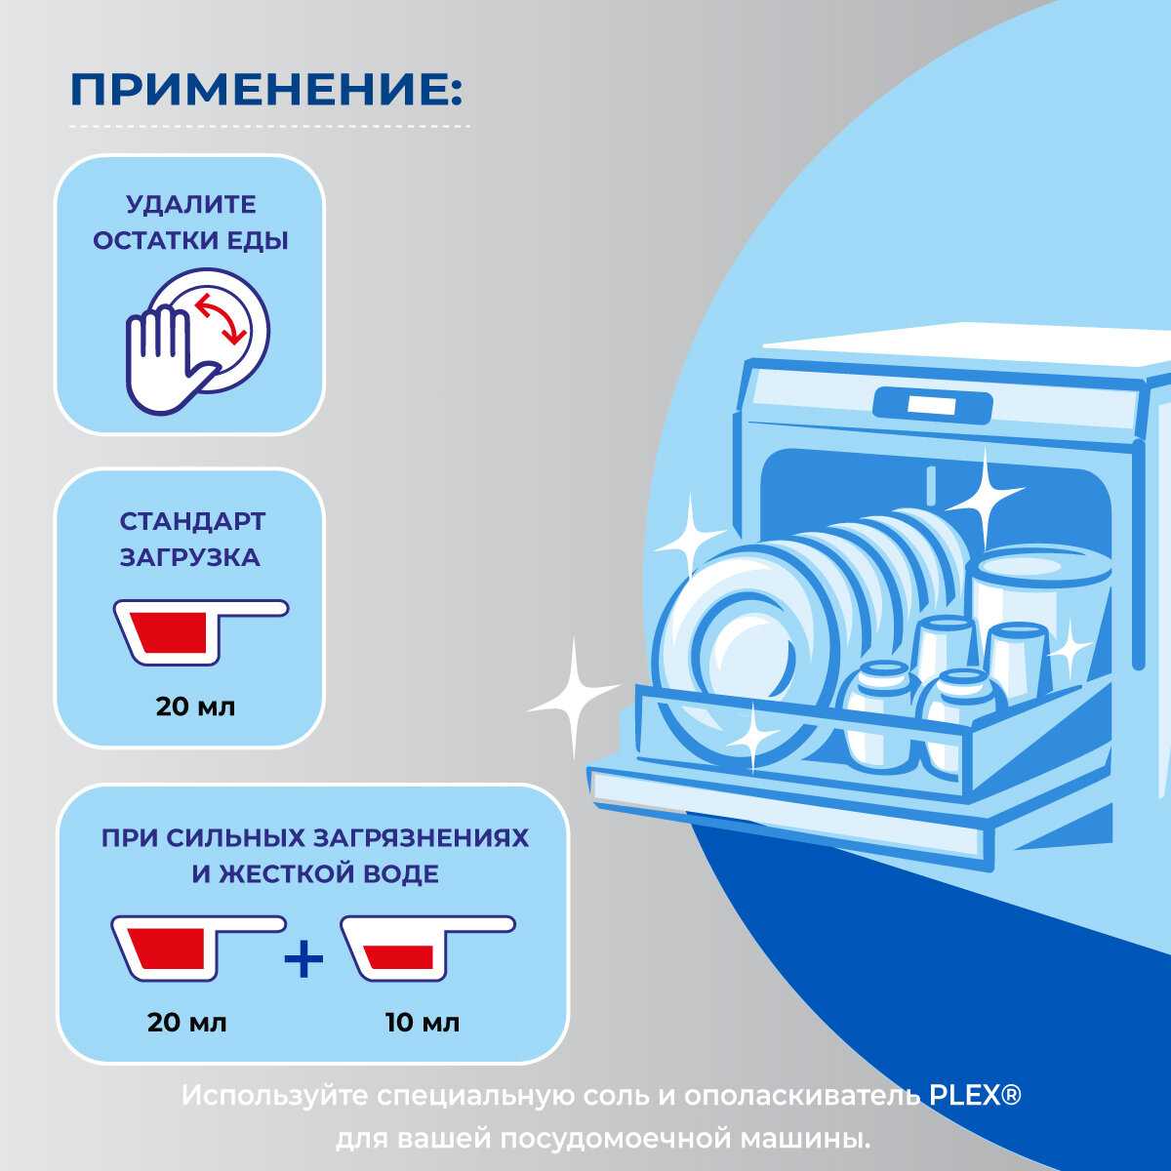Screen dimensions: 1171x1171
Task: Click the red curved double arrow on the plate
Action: [222, 318]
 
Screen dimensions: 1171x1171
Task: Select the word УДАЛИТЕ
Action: [191, 205]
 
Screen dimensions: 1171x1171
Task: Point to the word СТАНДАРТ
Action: [191, 521]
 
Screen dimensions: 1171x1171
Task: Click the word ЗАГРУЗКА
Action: [191, 557]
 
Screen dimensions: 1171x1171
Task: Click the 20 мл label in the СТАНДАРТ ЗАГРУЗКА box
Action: [195, 706]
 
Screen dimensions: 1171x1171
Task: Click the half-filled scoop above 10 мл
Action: [420, 947]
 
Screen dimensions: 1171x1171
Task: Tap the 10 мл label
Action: [422, 1023]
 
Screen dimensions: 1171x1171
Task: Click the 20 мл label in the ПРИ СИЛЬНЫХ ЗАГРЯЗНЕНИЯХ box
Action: [187, 1023]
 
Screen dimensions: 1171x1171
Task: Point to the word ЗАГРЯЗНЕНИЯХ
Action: [422, 838]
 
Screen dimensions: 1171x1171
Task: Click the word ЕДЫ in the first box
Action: [258, 241]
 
